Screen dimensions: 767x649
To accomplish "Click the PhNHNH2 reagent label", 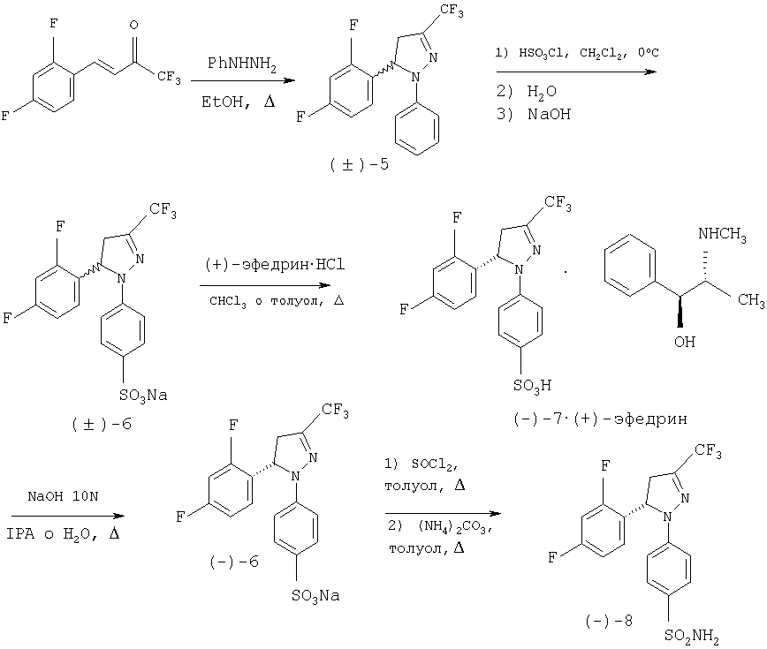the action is (241, 64).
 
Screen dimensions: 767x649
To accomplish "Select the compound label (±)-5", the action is (359, 165).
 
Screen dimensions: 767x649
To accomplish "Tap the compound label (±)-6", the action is (102, 424).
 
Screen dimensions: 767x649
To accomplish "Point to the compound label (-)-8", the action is (609, 621).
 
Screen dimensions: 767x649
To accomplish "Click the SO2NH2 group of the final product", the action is (692, 636).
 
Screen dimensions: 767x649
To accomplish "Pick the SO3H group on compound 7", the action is (532, 386).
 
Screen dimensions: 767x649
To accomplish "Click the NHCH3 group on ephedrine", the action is (722, 235).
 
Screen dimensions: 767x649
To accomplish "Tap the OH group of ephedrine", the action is (684, 342).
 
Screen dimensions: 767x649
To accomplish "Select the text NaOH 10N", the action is (63, 496).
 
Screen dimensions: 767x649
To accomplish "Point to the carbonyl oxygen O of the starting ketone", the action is (134, 25).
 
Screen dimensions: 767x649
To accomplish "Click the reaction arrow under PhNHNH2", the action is (243, 80).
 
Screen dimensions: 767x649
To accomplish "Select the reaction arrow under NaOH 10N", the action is (68, 516).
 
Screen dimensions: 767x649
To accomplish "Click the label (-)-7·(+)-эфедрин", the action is (601, 419).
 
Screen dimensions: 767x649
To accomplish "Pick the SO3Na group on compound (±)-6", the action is (143, 396).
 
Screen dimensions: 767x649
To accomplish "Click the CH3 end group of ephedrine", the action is (751, 299).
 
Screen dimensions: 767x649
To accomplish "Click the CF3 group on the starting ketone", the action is (169, 77).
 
